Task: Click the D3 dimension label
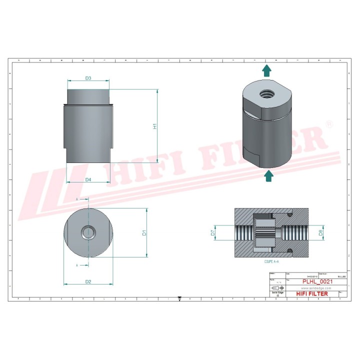[x=88, y=78]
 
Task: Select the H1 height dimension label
[x=155, y=126]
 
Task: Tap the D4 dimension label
[x=88, y=179]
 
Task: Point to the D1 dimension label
[x=144, y=232]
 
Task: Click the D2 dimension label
[x=88, y=282]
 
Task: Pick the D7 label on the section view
[x=212, y=232]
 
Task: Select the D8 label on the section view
[x=321, y=232]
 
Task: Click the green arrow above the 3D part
[x=268, y=70]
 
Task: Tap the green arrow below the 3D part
[x=268, y=174]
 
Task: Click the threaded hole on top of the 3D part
[x=263, y=93]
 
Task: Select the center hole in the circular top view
[x=88, y=232]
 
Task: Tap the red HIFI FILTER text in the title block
[x=312, y=294]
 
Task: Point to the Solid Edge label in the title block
[x=276, y=293]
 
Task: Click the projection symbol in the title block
[x=276, y=288]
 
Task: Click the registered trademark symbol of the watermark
[x=329, y=123]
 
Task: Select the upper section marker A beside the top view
[x=77, y=199]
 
